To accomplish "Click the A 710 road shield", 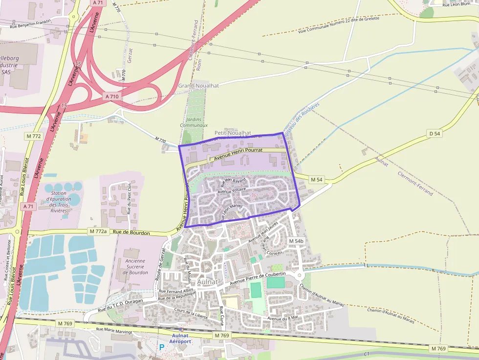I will (112, 97).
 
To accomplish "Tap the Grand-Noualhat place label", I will (198, 85).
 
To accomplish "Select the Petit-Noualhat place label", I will (233, 133).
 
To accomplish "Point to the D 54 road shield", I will (435, 133).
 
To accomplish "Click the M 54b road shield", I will (296, 241).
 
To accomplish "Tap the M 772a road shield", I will (98, 231).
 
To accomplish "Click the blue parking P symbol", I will (161, 347).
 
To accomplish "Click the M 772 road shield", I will (33, 136).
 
